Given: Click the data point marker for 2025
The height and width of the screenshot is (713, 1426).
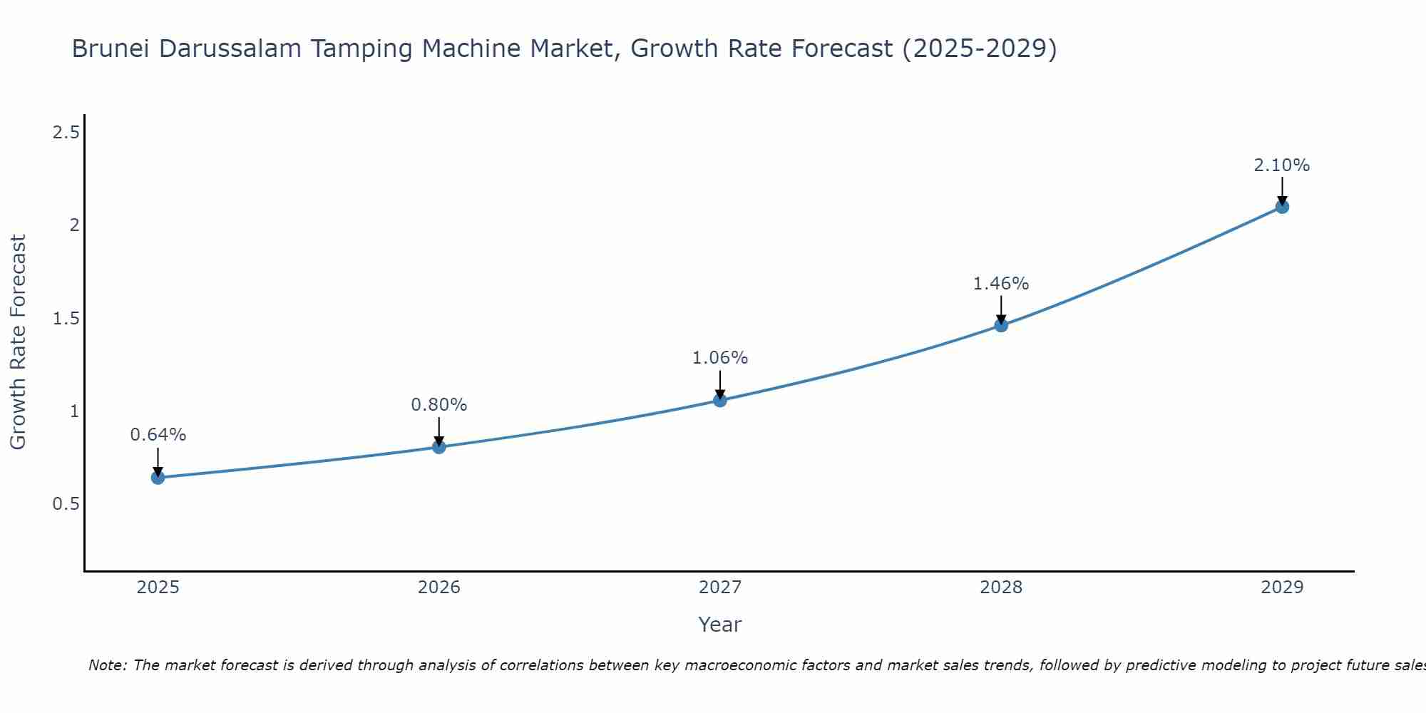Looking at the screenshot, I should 158,478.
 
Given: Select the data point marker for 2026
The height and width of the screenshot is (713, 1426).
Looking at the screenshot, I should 439,447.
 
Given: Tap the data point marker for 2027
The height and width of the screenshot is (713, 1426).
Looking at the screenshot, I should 720,400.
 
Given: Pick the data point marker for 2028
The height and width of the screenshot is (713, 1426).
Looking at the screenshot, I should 1001,325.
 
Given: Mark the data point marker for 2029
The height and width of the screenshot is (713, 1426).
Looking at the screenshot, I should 1282,207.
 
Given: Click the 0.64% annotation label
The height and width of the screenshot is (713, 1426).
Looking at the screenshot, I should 158,434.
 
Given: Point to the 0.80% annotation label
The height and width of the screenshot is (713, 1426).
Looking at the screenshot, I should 439,404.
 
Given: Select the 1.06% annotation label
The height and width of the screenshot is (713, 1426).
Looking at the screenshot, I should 720,357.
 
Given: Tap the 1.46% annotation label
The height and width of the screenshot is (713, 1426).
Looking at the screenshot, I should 1001,283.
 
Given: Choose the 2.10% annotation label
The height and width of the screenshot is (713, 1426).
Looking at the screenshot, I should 1282,165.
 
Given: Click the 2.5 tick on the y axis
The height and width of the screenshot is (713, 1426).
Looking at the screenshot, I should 66,132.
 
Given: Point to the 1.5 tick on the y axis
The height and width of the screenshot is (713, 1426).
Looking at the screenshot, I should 66,318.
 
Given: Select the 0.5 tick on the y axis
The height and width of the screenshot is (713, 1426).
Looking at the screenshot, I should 66,504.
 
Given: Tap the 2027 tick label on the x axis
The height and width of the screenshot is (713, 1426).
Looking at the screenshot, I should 720,588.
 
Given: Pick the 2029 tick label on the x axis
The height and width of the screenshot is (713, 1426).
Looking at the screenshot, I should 1282,588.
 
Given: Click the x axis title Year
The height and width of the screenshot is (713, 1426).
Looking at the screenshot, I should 720,625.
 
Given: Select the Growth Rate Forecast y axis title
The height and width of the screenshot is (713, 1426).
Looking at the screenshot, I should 19,342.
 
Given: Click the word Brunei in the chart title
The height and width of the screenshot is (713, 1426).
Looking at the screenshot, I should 111,48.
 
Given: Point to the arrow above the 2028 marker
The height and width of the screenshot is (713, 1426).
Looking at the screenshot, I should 1001,310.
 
